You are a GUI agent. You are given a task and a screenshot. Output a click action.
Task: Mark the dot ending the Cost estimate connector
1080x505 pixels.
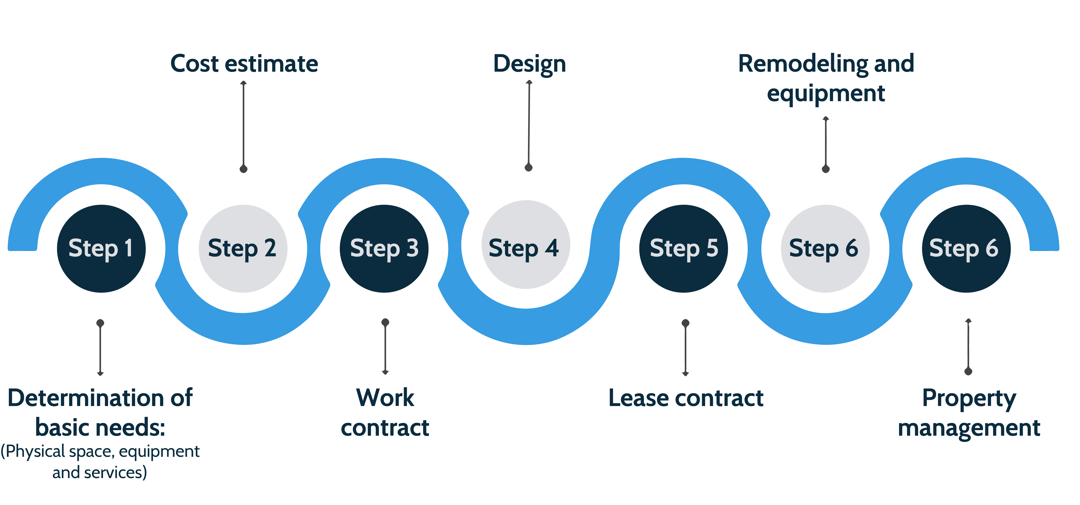[x=243, y=169]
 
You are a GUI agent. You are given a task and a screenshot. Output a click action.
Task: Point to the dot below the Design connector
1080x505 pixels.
[x=529, y=168]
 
